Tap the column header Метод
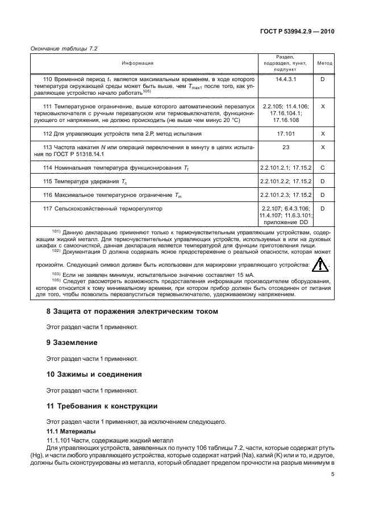point(324,64)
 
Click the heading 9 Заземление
point(72,343)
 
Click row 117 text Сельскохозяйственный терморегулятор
point(109,209)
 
